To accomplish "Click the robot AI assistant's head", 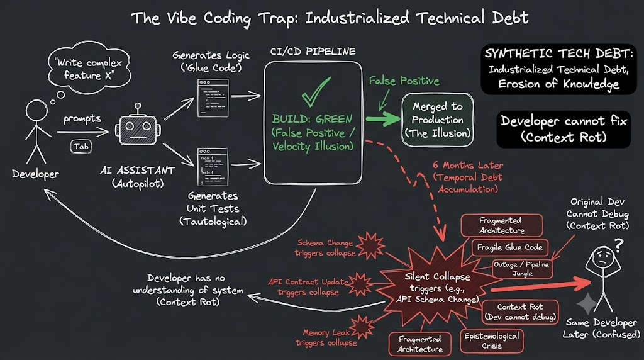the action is (x=138, y=130).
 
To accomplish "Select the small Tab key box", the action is (x=81, y=147).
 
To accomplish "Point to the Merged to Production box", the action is (x=438, y=120).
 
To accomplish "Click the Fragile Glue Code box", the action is (x=509, y=247).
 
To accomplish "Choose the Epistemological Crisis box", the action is (x=492, y=340).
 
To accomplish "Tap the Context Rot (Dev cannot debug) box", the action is (x=520, y=312).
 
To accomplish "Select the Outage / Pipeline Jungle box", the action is (x=523, y=269).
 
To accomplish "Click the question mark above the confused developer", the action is (x=619, y=245).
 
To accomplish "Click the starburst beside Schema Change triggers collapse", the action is (x=371, y=245).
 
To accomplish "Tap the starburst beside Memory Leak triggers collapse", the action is (x=362, y=327).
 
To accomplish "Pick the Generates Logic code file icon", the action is (x=213, y=98).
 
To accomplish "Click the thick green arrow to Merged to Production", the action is (x=383, y=119).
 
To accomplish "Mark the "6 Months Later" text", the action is (x=467, y=165).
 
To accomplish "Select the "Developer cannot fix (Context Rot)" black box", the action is (x=563, y=129).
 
